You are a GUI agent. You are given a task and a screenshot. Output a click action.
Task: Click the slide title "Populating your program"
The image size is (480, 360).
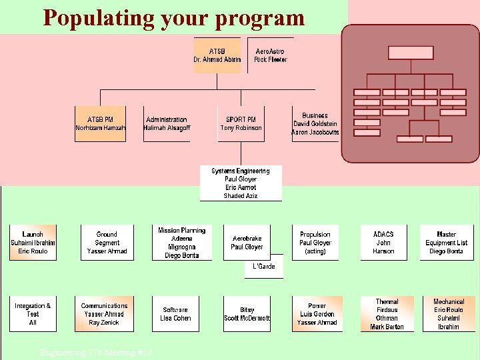click(173, 18)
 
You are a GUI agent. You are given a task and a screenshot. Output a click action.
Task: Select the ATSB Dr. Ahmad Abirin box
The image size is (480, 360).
click(217, 55)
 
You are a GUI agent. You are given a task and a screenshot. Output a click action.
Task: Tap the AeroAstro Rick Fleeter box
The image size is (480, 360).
click(270, 55)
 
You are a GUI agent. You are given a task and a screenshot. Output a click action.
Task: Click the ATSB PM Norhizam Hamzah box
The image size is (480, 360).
click(100, 124)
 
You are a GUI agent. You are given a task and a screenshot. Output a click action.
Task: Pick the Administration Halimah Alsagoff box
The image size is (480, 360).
click(167, 124)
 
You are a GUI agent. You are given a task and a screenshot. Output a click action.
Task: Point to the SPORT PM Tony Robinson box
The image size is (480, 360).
click(241, 124)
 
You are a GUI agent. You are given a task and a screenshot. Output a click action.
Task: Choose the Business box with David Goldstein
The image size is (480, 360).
click(315, 124)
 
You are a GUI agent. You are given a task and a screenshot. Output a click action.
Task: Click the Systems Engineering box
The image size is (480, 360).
click(241, 183)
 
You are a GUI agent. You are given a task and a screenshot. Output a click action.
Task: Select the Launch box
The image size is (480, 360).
click(33, 243)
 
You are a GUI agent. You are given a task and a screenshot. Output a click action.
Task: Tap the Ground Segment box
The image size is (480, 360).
click(107, 243)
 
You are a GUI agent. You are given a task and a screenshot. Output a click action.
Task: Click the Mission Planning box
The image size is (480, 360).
click(182, 243)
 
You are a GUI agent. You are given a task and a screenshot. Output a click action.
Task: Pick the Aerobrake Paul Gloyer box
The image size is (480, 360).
click(247, 243)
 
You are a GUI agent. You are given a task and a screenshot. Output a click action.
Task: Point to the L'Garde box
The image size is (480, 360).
click(263, 267)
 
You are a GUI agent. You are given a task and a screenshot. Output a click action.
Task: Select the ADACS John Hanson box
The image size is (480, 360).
click(383, 243)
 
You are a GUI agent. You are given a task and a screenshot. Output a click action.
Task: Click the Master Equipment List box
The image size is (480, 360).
click(446, 243)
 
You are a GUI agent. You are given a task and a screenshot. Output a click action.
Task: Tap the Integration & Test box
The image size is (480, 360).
click(33, 314)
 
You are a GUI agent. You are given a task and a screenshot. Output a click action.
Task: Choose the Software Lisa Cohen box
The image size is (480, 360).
click(175, 314)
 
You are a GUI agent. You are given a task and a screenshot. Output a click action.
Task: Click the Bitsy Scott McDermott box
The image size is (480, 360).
click(247, 314)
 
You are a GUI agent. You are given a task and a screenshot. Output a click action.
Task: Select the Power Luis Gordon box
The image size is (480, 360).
click(316, 314)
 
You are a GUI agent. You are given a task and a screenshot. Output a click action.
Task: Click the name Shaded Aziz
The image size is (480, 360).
click(241, 196)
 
